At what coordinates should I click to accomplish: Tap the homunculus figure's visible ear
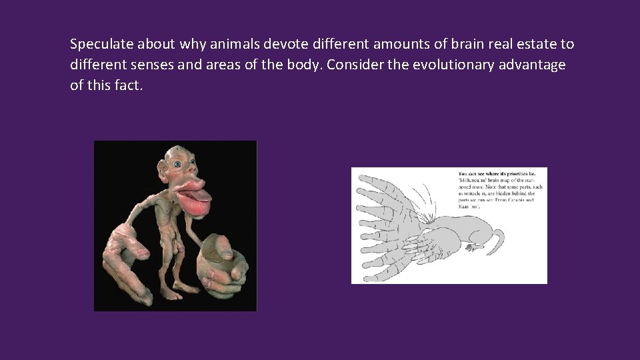(x=163, y=164)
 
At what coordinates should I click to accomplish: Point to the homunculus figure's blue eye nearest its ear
(x=177, y=163)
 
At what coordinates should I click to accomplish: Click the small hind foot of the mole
(x=472, y=247)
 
